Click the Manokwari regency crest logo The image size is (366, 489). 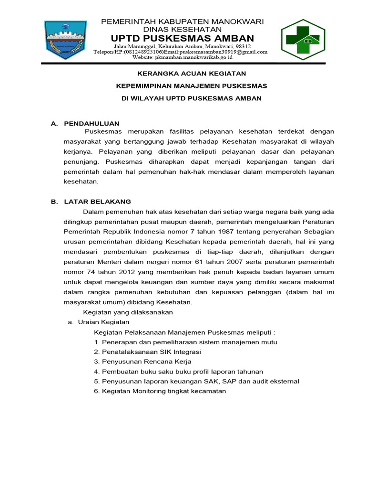65,38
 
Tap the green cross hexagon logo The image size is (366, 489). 303,37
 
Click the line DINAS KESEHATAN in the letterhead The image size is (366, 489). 183,30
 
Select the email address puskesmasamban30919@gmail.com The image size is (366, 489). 224,52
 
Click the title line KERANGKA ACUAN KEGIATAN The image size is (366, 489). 185,74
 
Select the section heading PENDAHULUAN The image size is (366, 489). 91,124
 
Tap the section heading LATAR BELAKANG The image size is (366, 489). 97,202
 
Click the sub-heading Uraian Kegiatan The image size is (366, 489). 102,322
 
